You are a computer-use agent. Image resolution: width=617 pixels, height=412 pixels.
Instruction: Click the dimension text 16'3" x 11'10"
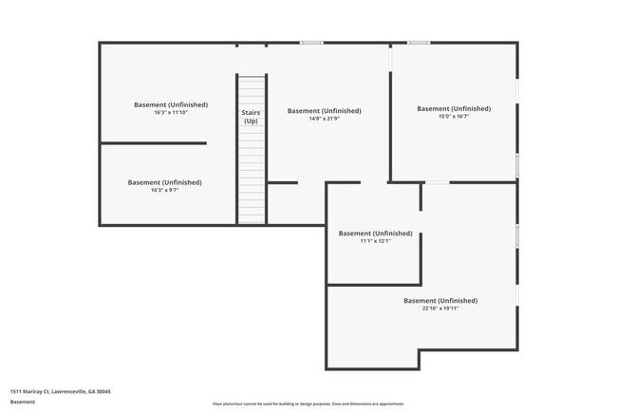coord(169,113)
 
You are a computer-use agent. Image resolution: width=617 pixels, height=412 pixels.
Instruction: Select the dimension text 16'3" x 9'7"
coord(165,191)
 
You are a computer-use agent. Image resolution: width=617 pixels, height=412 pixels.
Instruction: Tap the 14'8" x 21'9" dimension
coord(324,120)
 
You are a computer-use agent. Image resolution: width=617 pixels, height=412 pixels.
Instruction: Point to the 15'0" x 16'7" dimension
coord(454,117)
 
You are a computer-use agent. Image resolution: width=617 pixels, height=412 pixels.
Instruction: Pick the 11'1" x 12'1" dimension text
coord(375,241)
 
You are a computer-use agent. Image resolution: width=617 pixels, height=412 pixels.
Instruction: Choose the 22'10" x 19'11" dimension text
coord(440,309)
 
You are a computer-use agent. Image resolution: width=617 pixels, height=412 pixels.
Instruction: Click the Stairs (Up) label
coord(251,117)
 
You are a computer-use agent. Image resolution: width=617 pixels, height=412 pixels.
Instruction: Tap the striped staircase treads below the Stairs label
coord(251,176)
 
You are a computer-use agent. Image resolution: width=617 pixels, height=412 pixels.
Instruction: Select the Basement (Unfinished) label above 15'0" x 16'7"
coord(454,108)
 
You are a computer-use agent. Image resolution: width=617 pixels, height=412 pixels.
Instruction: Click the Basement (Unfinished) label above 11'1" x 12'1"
coord(375,233)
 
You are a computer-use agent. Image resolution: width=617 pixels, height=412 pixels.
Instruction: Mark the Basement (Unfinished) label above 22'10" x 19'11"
coord(440,300)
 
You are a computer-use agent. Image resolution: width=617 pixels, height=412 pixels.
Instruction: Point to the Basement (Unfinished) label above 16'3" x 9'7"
coord(165,182)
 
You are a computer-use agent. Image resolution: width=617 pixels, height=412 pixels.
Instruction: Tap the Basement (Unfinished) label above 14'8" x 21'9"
coord(324,111)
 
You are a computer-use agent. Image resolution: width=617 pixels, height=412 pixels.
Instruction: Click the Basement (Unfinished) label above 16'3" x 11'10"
coord(169,104)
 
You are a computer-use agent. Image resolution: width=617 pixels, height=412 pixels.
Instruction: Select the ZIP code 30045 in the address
coord(104,391)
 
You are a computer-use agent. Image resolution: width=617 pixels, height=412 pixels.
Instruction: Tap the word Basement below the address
coord(23,402)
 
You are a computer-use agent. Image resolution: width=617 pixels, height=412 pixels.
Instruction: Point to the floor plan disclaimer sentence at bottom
coord(308,403)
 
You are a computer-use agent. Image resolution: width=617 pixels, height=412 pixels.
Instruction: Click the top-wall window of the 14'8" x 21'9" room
coord(311,43)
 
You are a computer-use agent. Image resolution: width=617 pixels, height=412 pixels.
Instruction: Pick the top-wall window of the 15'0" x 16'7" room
coord(419,43)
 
